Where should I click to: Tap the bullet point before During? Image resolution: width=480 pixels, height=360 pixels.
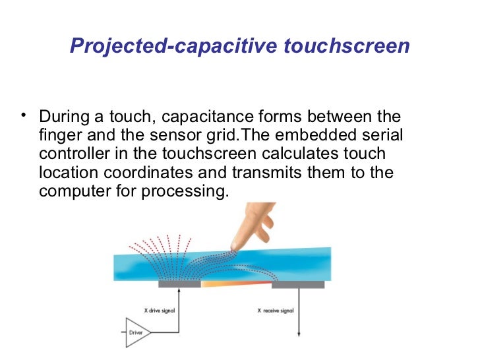coord(24,117)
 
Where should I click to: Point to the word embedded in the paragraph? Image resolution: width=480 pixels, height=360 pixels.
coord(305,136)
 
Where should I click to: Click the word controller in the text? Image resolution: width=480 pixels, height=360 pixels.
coord(71,155)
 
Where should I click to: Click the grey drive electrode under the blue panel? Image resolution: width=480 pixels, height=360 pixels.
coord(179,284)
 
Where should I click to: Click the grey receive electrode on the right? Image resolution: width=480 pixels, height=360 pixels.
coord(298,284)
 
